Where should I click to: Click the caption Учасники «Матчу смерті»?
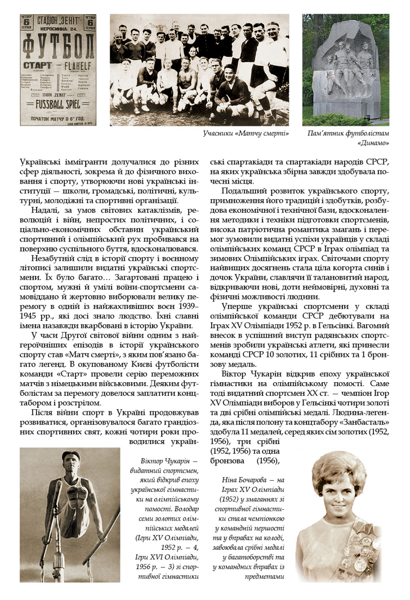click(x=246, y=133)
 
